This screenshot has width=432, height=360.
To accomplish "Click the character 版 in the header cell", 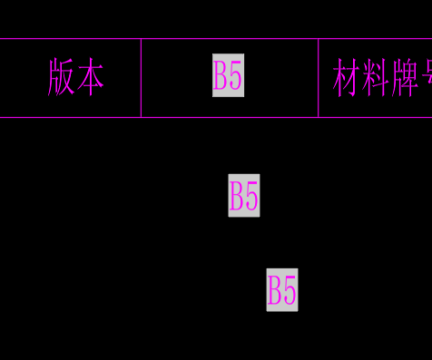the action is tap(61, 78).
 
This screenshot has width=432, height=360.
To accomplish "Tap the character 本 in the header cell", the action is tap(90, 78).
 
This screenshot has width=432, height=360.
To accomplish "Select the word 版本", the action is tap(75, 78).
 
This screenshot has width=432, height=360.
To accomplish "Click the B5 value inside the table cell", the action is tap(228, 76).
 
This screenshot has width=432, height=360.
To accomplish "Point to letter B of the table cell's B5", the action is tap(221, 76).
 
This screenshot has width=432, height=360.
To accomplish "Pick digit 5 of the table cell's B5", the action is tap(235, 76).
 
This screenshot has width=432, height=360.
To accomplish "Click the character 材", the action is tap(347, 80).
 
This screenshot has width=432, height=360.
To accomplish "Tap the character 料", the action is tap(376, 80).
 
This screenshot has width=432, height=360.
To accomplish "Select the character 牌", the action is tap(405, 80).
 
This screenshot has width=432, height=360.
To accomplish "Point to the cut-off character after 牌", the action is tap(427, 80).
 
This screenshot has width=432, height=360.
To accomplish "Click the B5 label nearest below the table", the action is tap(244, 196).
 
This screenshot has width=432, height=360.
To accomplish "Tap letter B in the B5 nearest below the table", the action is tap(237, 196).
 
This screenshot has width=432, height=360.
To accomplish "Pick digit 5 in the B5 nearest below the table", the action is tap(251, 196).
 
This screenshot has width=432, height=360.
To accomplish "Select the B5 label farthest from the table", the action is tap(282, 290).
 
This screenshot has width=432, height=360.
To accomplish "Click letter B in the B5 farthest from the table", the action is tap(275, 290).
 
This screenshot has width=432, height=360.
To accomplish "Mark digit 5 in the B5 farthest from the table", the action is tap(290, 290).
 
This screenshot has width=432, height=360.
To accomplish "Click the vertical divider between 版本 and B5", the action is tap(141, 78).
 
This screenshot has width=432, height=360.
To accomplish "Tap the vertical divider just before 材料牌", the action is tap(318, 78).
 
